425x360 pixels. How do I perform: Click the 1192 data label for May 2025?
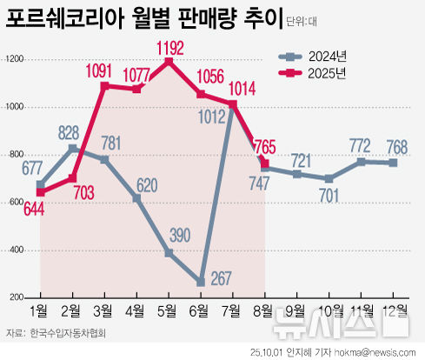tap(169, 47)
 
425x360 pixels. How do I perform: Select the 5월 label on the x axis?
tap(169, 310)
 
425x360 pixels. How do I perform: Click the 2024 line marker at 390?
tap(169, 253)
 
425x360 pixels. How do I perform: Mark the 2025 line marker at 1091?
tap(104, 86)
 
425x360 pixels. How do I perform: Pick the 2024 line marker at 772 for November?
tap(361, 162)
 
